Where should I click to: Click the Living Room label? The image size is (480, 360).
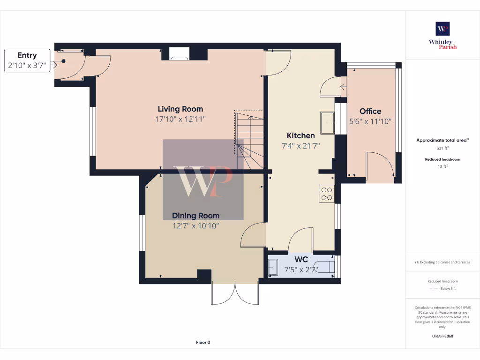[x=180, y=109]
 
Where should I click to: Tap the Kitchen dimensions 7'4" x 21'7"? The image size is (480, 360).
[x=300, y=146]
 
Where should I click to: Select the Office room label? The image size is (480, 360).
[x=370, y=112]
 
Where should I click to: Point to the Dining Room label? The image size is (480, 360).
[x=195, y=216]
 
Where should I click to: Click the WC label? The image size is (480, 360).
[x=301, y=259]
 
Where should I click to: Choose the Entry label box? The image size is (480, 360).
[x=27, y=60]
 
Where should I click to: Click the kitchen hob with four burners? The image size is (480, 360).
[x=326, y=194]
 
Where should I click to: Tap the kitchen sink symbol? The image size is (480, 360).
[x=327, y=123]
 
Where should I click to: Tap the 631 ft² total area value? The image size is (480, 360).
[x=442, y=148]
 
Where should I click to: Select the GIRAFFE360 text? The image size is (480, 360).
[x=442, y=336]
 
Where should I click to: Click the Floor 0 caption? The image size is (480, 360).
[x=203, y=343]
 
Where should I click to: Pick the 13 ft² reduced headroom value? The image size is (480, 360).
[x=442, y=166]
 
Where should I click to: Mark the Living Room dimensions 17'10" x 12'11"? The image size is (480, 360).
[x=180, y=120]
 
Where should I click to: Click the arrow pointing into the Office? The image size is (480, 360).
[x=344, y=87]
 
